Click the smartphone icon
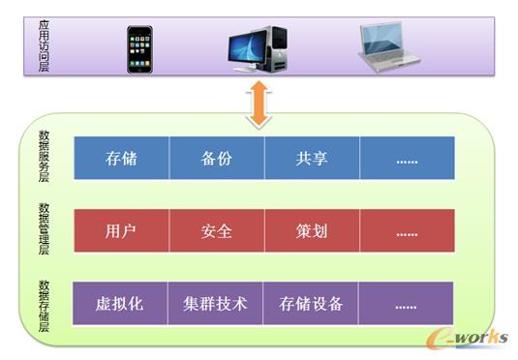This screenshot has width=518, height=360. tap(139, 48)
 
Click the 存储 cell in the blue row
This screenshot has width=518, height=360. tap(121, 159)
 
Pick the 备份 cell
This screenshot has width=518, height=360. tap(216, 159)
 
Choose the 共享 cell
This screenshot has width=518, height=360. tap(312, 159)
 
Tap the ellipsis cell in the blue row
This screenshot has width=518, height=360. tap(407, 159)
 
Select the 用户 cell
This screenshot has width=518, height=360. tap(121, 232)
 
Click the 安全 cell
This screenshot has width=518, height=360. tap(216, 232)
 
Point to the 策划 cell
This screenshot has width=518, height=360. tap(312, 232)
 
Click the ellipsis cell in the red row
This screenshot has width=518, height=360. tap(407, 232)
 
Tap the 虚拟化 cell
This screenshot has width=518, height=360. tap(121, 304)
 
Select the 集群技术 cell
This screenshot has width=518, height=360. tap(216, 304)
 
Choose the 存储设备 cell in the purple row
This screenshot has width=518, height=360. tap(312, 304)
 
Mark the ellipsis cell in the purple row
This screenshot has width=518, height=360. tap(407, 304)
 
